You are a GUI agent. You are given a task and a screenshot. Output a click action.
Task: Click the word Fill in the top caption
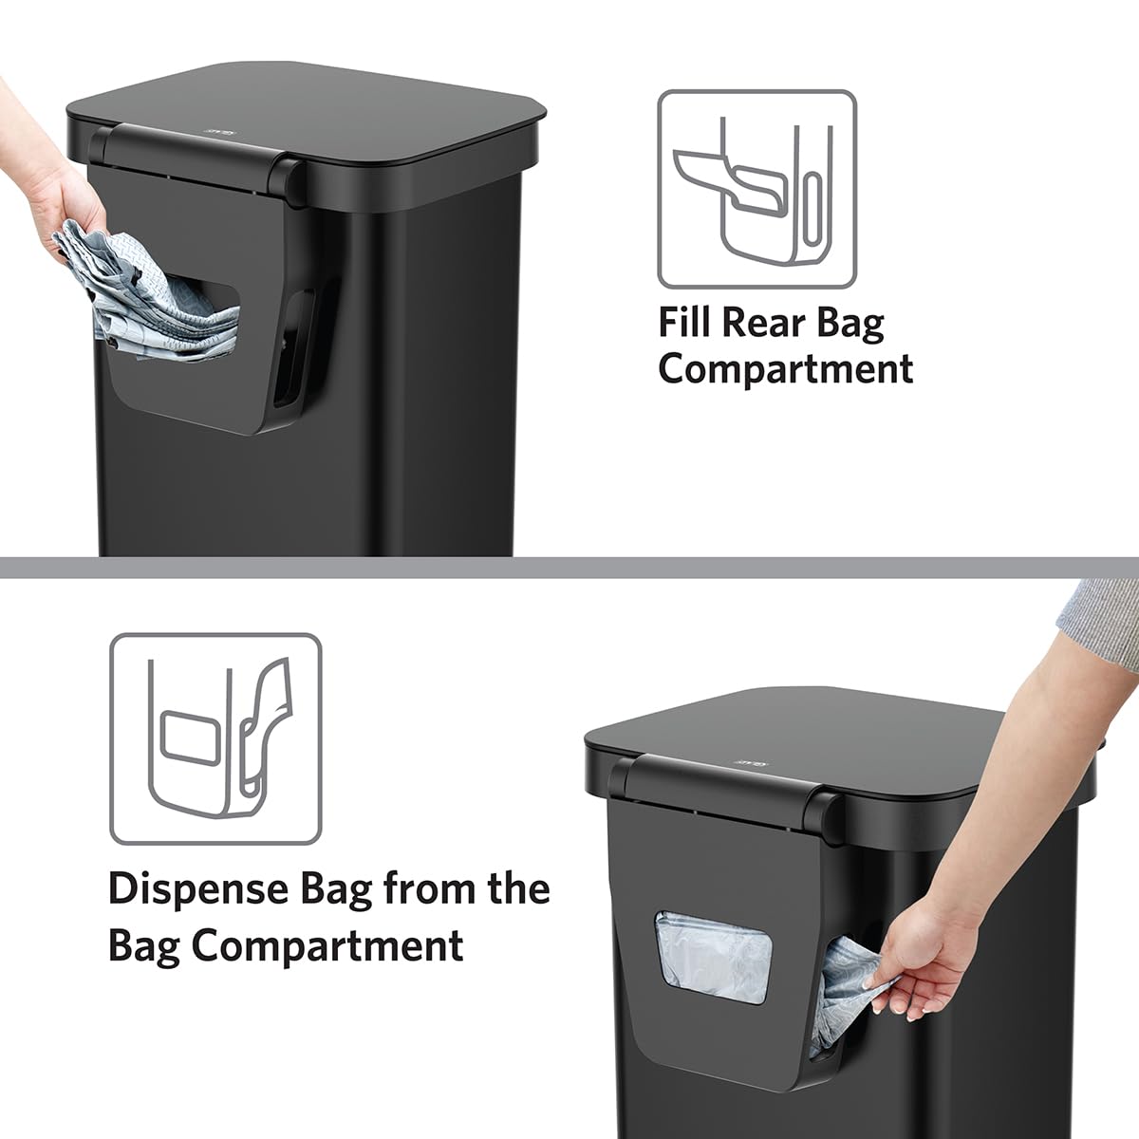(685, 323)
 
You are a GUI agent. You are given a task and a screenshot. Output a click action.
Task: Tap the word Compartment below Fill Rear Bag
(785, 368)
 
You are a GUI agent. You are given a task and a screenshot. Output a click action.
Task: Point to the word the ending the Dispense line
(515, 890)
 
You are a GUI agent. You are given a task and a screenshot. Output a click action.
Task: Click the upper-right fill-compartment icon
(756, 190)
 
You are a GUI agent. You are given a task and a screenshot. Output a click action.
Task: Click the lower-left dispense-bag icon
(215, 739)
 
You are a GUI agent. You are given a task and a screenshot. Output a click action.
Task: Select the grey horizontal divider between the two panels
(569, 568)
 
